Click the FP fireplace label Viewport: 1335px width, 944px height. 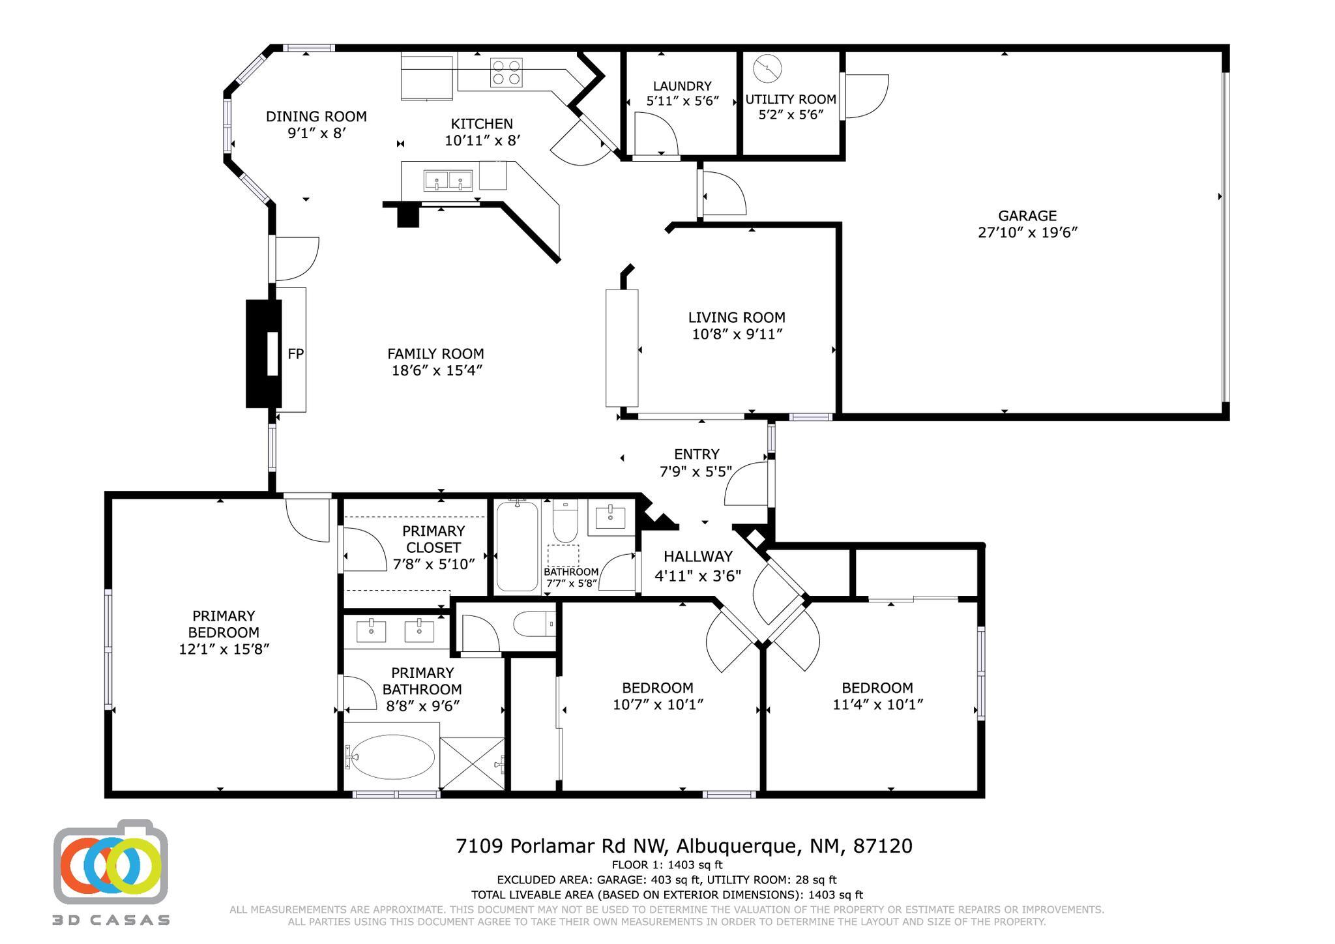pos(296,354)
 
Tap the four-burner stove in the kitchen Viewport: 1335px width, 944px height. pos(506,72)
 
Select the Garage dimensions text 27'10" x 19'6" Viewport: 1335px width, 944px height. pos(1027,233)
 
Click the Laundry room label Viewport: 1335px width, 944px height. pos(682,86)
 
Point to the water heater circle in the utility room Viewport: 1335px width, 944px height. pos(767,68)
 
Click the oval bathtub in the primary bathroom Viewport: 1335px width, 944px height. pos(389,757)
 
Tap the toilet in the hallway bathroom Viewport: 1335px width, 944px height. pos(565,520)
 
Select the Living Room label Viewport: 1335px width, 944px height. pos(737,317)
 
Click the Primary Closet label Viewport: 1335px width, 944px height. pos(433,539)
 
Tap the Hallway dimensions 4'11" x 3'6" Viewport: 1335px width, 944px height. pos(697,576)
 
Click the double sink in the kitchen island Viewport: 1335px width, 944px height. pos(448,179)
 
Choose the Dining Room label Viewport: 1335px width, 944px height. pos(316,117)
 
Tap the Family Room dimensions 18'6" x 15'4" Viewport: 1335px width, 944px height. pos(435,370)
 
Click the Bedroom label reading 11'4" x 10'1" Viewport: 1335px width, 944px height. pos(877,688)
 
